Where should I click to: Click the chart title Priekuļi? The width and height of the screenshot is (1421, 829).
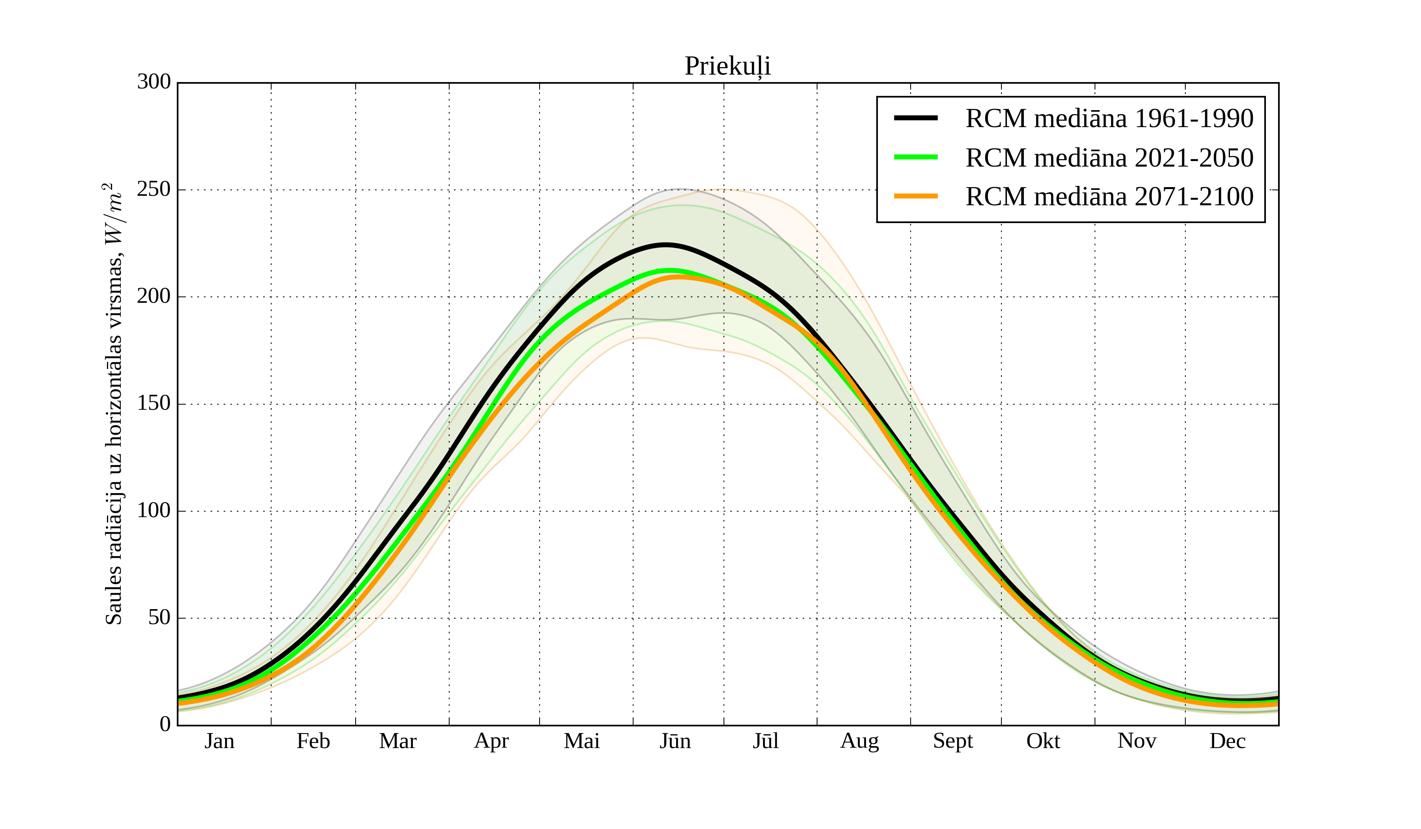pos(727,67)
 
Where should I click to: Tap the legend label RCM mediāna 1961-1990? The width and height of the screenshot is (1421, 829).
pos(1109,118)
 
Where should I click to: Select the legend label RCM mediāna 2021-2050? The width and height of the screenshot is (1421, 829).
pos(1109,158)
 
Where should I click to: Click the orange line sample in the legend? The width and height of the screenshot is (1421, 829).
pos(916,196)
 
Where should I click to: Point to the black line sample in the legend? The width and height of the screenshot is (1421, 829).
pos(916,118)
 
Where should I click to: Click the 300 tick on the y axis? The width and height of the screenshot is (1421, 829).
pos(154,83)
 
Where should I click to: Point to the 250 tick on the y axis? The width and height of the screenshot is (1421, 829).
pos(154,189)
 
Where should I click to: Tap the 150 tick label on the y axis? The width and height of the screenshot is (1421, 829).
pos(154,404)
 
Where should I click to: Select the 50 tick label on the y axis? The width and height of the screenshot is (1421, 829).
pos(159,618)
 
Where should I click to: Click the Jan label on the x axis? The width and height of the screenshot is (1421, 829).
pos(219,741)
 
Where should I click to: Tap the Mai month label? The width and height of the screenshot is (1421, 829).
pos(581,741)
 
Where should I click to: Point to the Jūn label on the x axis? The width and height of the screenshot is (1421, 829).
pos(675,741)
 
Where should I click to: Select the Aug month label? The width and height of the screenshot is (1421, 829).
pos(859,741)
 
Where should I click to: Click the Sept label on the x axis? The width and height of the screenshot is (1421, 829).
pos(952,741)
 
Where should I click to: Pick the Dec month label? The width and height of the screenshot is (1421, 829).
pos(1227,741)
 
